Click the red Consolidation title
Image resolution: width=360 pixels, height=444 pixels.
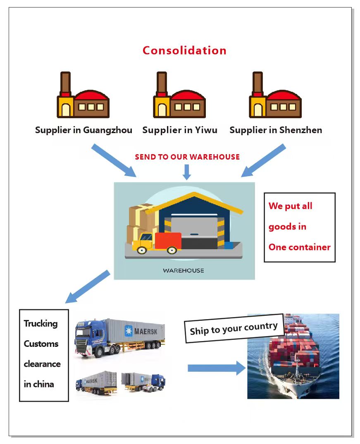(184, 50)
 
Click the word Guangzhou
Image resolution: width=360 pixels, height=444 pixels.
(107, 130)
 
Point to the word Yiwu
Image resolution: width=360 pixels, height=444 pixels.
(206, 130)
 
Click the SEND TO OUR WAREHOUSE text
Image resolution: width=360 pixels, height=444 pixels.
(187, 157)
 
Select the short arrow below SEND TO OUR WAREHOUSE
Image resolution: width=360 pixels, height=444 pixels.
(187, 172)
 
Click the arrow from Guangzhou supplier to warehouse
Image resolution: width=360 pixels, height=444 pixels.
(114, 160)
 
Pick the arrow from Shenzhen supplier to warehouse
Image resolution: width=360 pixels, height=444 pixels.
(263, 160)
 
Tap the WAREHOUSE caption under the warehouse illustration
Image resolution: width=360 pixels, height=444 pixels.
(184, 271)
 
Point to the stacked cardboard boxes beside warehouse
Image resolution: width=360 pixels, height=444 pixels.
(140, 221)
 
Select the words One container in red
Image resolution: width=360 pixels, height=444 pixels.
(299, 247)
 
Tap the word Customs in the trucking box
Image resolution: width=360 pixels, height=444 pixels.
(41, 344)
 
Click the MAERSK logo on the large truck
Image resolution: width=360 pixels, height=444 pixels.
(139, 331)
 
